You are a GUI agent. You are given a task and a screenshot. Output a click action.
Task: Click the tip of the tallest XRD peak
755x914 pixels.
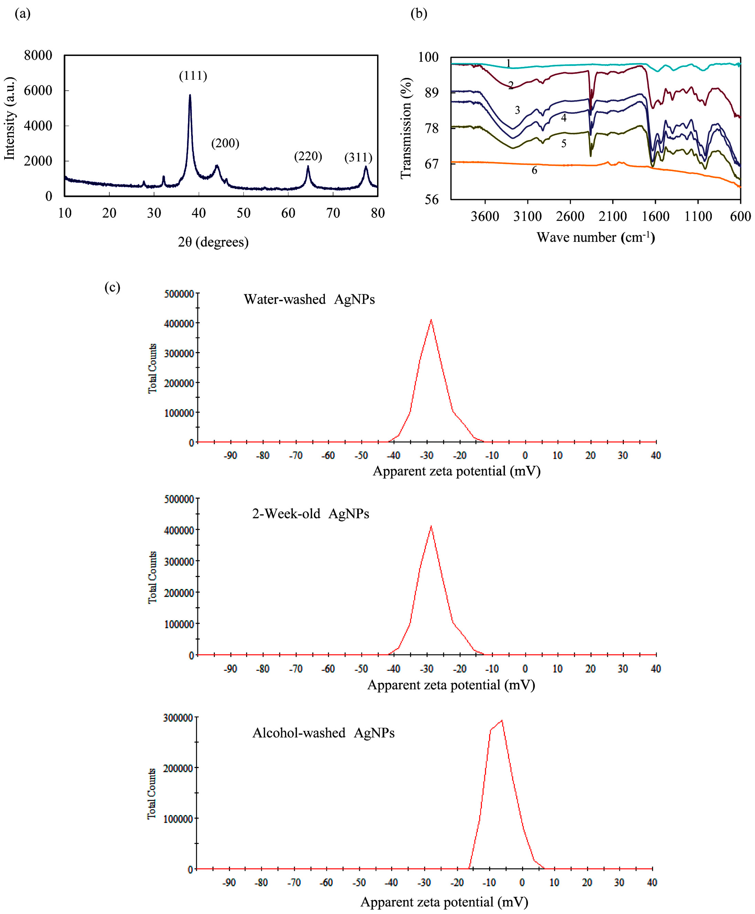[x=190, y=95]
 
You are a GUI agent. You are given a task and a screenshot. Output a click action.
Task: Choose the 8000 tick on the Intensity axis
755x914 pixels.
[x=38, y=55]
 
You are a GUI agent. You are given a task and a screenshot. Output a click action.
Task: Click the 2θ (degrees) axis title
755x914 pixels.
[x=213, y=242]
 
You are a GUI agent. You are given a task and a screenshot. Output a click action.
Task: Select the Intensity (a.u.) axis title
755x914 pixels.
[x=10, y=118]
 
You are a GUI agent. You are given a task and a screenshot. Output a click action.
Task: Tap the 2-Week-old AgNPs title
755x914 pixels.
[x=311, y=513]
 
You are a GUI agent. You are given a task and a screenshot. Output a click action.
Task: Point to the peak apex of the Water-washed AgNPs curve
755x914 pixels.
[x=431, y=320]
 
